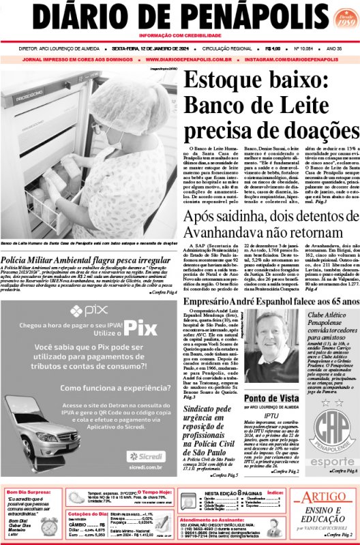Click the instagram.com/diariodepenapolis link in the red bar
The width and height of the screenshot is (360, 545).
(x=299, y=59)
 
